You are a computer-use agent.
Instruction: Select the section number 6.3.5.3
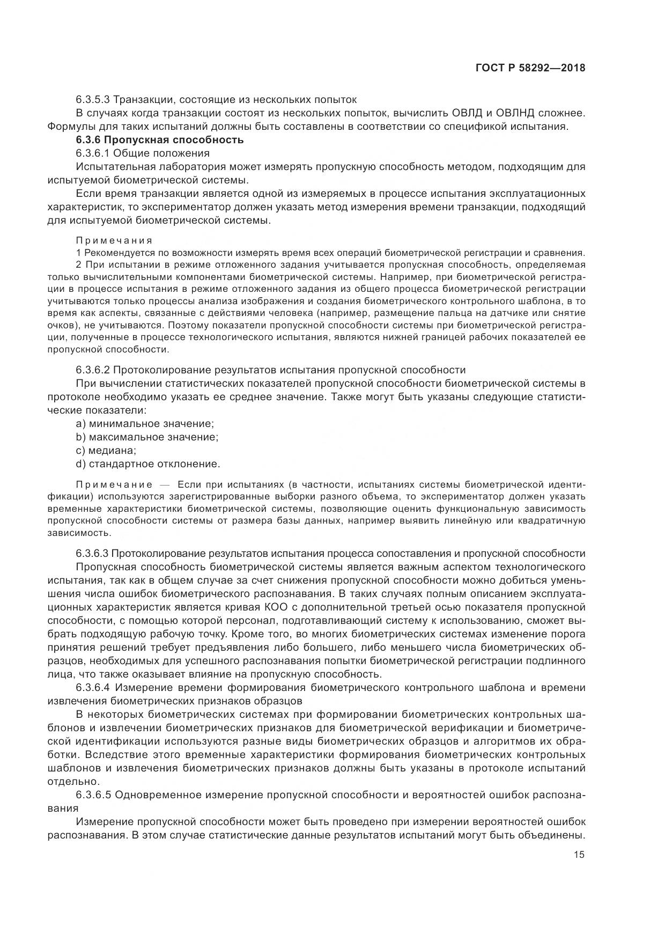[93, 100]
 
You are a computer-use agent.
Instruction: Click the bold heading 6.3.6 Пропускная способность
[160, 140]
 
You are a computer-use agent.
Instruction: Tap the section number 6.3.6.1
[93, 153]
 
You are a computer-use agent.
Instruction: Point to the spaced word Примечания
[114, 240]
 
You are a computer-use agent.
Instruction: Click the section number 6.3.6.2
[93, 370]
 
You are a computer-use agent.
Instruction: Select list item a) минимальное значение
[145, 424]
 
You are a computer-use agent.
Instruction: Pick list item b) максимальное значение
[147, 437]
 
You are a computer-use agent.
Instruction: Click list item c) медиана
[106, 451]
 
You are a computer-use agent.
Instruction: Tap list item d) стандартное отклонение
[148, 464]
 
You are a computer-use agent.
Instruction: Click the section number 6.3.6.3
[93, 554]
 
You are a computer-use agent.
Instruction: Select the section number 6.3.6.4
[93, 688]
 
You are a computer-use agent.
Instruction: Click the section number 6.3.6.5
[93, 795]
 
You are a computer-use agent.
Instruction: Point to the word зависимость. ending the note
[79, 533]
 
